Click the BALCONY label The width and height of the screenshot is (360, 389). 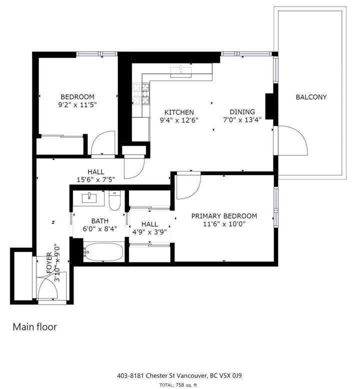[311, 97]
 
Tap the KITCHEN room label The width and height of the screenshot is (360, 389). [176, 112]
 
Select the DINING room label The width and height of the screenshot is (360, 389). [242, 112]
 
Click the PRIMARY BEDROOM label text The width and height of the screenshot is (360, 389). [224, 216]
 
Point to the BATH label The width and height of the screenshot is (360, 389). [99, 221]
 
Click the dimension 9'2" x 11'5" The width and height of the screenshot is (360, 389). [77, 105]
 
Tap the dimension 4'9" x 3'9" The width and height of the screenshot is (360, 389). [149, 232]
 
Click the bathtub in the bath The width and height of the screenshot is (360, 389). [103, 252]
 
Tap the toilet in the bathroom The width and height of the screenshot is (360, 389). [114, 200]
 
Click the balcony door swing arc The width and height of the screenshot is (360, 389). [295, 140]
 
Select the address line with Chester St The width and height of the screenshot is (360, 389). [179, 375]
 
